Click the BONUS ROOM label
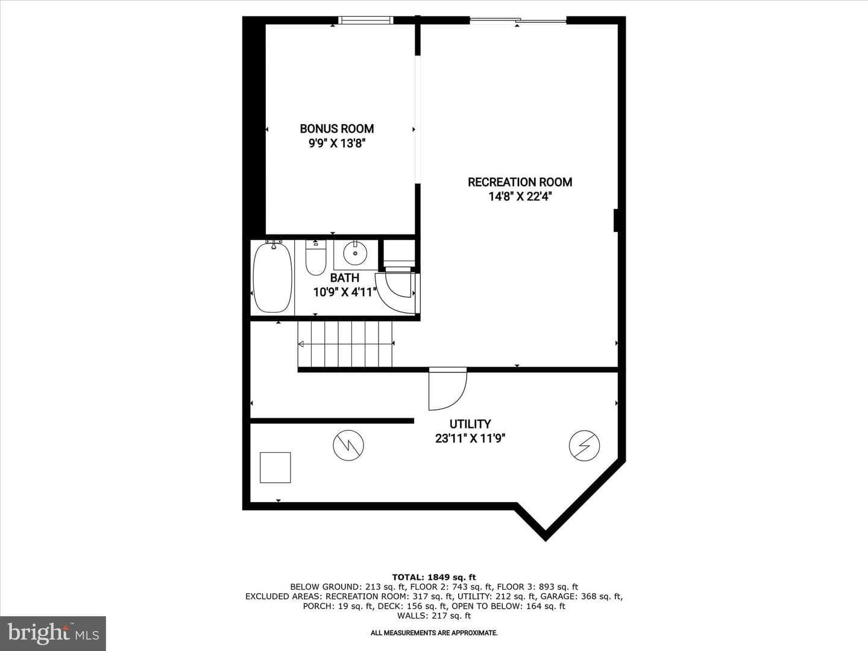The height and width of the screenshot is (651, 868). (x=336, y=128)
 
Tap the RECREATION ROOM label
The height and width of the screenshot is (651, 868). (x=520, y=182)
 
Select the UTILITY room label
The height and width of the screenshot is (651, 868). (x=470, y=424)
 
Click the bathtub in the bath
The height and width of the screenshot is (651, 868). (x=272, y=277)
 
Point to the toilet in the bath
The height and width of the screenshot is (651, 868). (x=316, y=257)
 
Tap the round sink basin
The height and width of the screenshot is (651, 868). (x=355, y=253)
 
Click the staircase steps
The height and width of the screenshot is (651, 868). (x=345, y=344)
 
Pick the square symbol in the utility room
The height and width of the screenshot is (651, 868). (x=275, y=468)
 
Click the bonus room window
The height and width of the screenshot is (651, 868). (x=365, y=20)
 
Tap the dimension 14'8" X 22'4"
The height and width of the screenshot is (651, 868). (x=520, y=197)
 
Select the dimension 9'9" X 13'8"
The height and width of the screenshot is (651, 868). (x=336, y=143)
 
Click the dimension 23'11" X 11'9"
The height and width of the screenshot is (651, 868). (x=470, y=438)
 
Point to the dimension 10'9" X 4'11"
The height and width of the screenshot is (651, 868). (x=344, y=292)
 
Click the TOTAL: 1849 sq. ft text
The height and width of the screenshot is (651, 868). (x=434, y=577)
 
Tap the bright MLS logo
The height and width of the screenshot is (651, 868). (x=53, y=633)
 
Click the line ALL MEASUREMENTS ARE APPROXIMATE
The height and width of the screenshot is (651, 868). (x=434, y=633)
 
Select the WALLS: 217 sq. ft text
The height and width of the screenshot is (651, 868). (x=434, y=615)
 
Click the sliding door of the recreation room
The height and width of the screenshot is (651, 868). (x=518, y=20)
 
